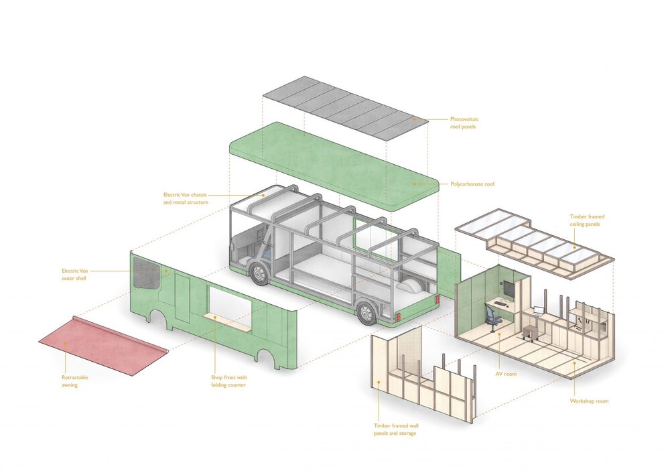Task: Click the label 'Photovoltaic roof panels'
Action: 464,123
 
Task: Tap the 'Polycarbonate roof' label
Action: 472,184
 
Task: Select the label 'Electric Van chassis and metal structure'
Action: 186,199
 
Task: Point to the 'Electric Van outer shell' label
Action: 74,275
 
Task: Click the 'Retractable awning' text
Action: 75,382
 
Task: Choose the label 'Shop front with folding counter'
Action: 229,382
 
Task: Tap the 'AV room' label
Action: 506,375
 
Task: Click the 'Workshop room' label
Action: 589,401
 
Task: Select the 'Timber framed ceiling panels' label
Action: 587,220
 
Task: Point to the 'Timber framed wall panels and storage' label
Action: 396,429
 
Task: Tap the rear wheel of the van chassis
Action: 366,314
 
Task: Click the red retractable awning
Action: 103,345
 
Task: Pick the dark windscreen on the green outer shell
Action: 147,274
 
